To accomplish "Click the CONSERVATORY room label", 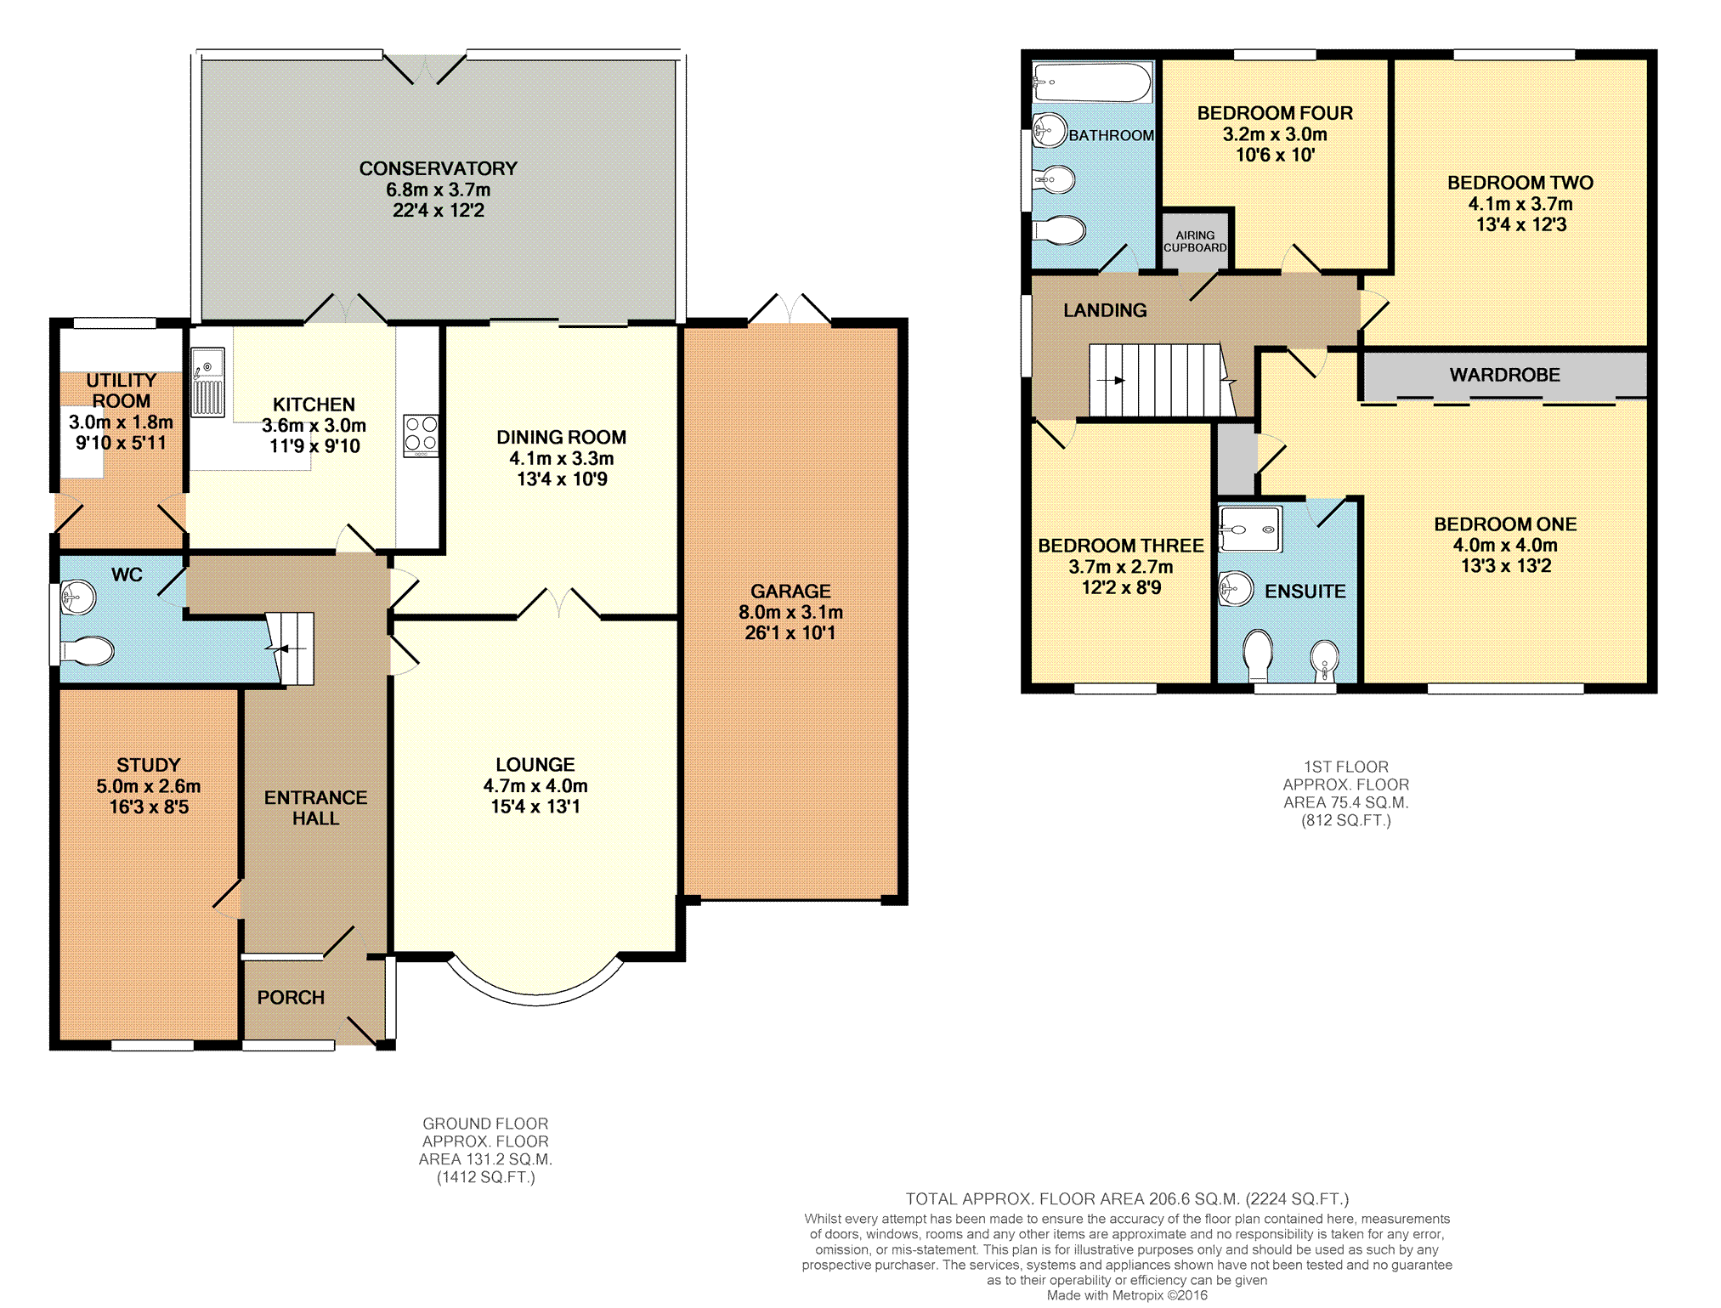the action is (438, 168).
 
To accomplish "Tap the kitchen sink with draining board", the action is (207, 382).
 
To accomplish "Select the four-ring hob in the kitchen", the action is (421, 435).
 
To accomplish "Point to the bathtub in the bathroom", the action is (1092, 82).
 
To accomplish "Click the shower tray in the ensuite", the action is (1250, 529).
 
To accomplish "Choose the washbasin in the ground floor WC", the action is (78, 597).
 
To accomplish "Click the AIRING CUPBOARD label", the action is (1195, 241).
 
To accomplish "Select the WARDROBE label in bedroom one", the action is (1504, 375).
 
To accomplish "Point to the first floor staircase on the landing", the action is (1161, 380).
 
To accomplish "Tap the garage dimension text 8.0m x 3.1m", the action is (790, 612).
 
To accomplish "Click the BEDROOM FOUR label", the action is (1275, 113).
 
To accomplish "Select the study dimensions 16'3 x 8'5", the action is (149, 807).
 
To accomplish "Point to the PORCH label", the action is (291, 997).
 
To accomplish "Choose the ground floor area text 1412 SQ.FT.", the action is (486, 1177).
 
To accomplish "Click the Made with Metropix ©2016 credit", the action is (1127, 1295).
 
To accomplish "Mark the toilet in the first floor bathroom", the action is (1059, 230).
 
